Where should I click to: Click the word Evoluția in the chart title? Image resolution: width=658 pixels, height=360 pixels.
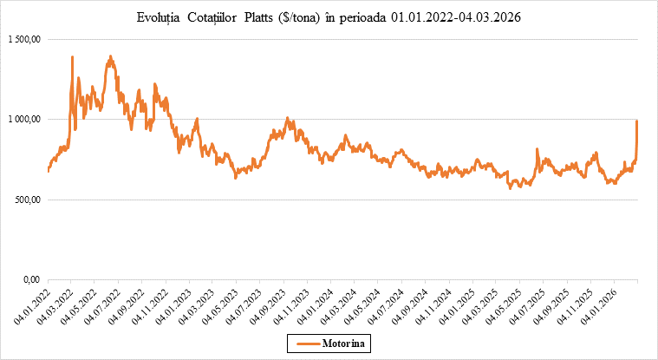(160, 17)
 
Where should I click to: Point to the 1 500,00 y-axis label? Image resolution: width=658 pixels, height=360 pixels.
(23, 40)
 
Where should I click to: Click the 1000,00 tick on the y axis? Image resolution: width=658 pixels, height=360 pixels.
(24, 120)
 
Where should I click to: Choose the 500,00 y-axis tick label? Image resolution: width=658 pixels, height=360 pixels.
(26, 200)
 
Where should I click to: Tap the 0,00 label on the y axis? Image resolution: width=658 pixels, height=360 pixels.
(31, 279)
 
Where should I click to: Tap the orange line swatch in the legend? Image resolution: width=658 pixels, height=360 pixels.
(305, 344)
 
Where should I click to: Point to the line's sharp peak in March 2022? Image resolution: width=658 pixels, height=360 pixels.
(72, 57)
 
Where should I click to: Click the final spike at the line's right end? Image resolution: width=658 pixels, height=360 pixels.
(637, 121)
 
